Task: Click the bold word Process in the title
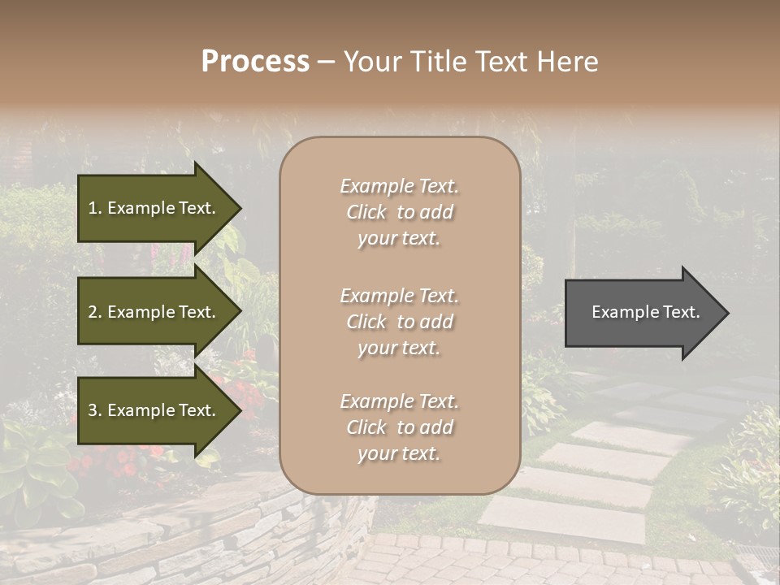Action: pyautogui.click(x=255, y=62)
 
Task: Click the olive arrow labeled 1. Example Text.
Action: pyautogui.click(x=154, y=208)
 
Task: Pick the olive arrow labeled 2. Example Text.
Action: pyautogui.click(x=154, y=312)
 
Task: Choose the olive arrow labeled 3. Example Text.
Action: pyautogui.click(x=154, y=410)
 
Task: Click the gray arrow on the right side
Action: pyautogui.click(x=642, y=312)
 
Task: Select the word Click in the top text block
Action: pyautogui.click(x=366, y=212)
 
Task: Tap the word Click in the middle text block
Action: pyautogui.click(x=366, y=322)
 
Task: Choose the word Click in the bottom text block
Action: pyautogui.click(x=366, y=427)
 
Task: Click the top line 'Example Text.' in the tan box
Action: pyautogui.click(x=399, y=186)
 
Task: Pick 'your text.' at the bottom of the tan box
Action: pyautogui.click(x=399, y=453)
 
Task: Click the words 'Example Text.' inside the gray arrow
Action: pyautogui.click(x=645, y=312)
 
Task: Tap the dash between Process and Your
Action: pyautogui.click(x=327, y=62)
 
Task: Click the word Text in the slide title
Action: pyautogui.click(x=501, y=62)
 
